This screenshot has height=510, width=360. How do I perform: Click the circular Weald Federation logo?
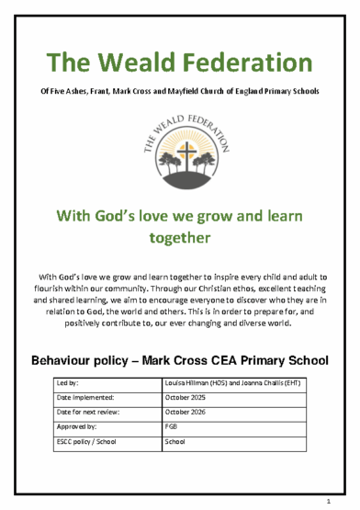coord(179,149)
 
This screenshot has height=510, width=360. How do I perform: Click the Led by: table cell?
coord(107,381)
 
